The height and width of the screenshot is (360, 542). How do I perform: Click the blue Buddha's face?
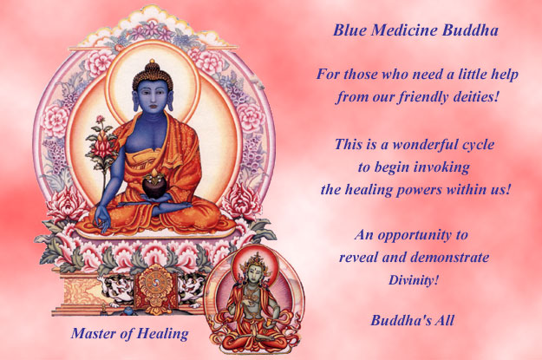click(153, 90)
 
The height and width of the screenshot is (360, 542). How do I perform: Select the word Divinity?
click(413, 280)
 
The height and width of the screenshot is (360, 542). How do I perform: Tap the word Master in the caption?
click(95, 333)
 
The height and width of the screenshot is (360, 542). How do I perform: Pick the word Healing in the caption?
click(164, 333)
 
